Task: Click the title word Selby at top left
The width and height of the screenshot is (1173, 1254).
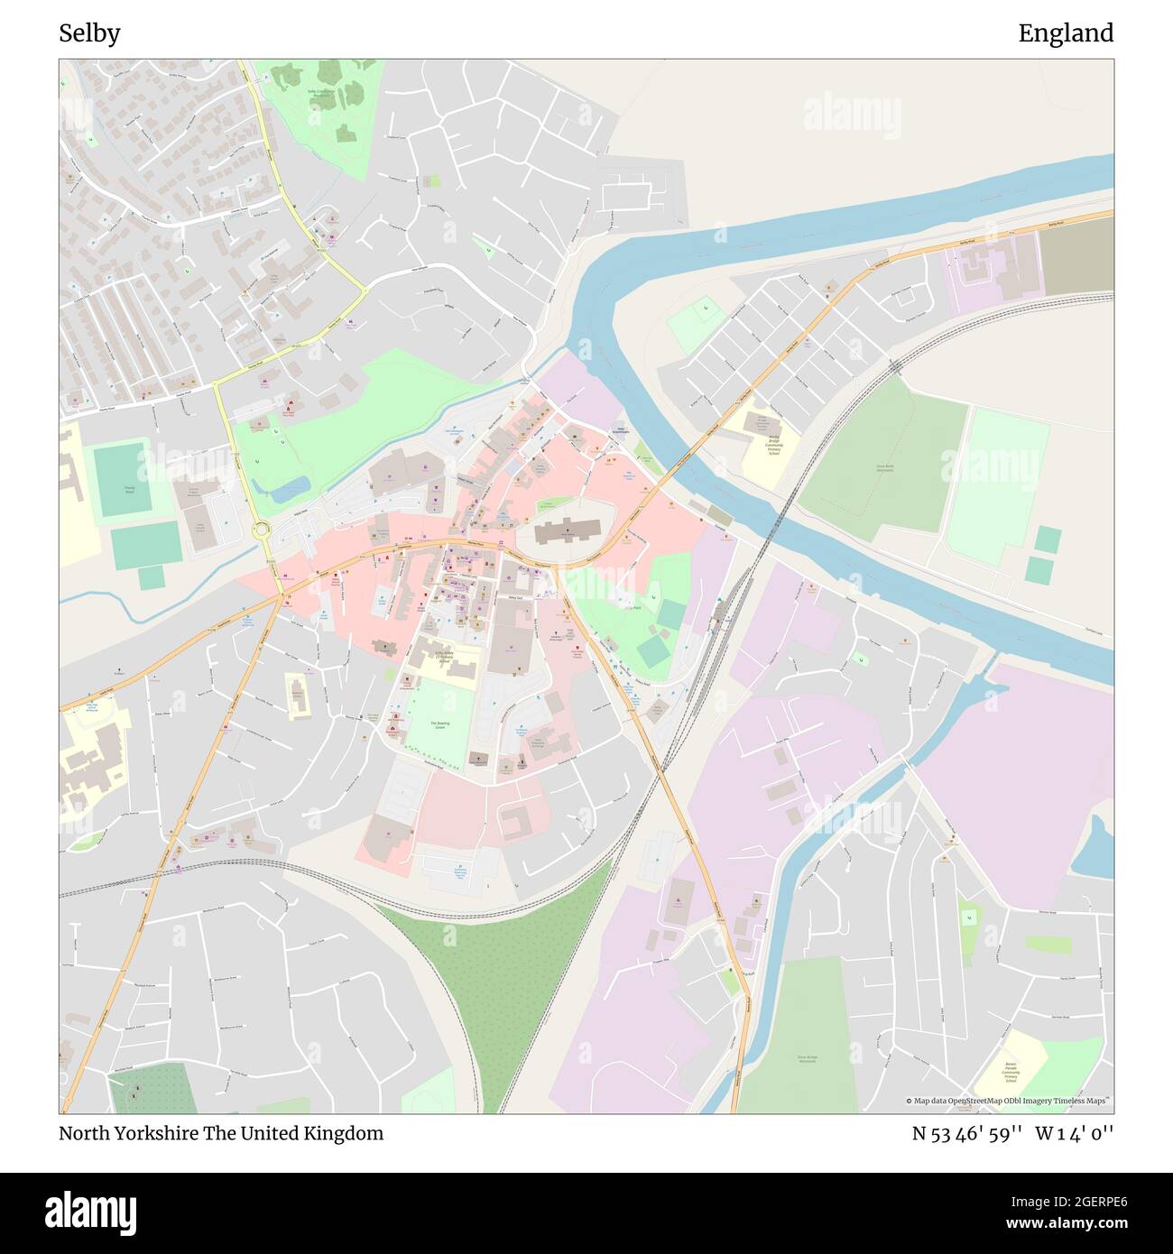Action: coord(89,33)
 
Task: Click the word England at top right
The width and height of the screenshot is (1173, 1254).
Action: coord(1066,33)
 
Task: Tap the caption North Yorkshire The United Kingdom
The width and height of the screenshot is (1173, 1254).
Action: coord(221,1133)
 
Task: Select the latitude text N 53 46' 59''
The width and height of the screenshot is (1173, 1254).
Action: coord(966,1133)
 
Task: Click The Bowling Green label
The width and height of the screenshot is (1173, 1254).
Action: coord(439,724)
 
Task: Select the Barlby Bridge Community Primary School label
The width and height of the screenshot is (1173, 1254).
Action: coord(773,441)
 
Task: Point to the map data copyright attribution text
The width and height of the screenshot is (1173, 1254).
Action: coord(1008,1101)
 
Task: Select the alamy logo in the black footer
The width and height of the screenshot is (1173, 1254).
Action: coord(90,1212)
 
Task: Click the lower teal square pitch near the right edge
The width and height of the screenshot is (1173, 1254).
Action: coord(1039,570)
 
